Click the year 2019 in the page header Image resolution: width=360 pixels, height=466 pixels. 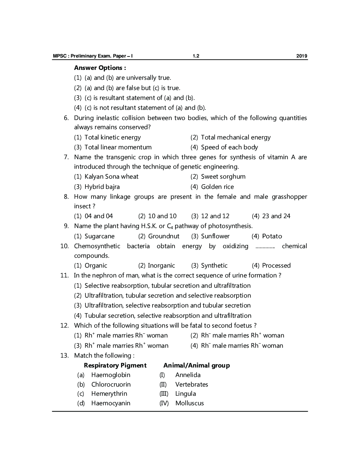click(302, 56)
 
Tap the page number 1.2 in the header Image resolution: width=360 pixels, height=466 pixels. click(196, 56)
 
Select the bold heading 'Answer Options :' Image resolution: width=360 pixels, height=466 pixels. click(100, 68)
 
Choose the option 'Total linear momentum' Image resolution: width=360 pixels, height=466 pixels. click(118, 147)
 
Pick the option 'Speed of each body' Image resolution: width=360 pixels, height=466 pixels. click(229, 147)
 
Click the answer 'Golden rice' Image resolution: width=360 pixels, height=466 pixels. click(217, 187)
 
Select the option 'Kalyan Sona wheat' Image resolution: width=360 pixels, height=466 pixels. click(111, 177)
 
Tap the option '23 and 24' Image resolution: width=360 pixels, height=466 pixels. click(276, 216)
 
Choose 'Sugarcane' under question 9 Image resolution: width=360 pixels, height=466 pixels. click(100, 236)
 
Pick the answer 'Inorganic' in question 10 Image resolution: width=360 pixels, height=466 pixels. click(161, 265)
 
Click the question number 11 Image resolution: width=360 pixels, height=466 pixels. click(64, 275)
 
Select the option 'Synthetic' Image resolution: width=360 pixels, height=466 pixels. click(214, 265)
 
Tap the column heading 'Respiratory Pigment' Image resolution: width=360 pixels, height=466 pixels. click(115, 365)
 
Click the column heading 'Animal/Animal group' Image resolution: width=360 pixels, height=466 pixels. click(197, 365)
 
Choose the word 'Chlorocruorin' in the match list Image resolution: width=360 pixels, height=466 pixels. click(111, 384)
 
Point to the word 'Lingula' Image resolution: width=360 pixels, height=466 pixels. click(186, 394)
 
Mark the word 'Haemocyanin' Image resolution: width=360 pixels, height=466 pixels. click(111, 403)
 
